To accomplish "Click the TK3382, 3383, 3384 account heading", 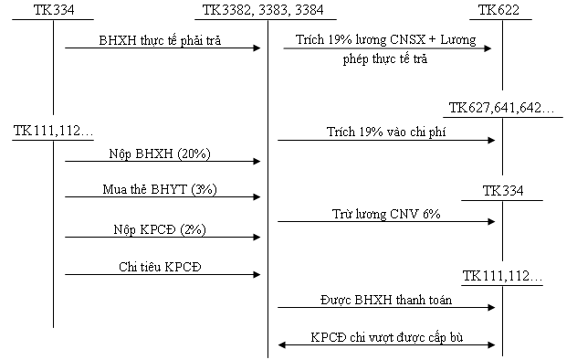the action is click(x=263, y=10).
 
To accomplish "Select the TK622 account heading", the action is click(x=498, y=10).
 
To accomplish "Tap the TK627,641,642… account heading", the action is click(x=501, y=108).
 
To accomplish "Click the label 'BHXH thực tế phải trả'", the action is click(x=160, y=40).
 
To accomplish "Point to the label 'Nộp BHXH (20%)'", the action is click(x=160, y=154).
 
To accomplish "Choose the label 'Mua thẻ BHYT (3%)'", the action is click(x=160, y=189).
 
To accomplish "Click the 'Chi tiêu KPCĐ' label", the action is click(x=160, y=267).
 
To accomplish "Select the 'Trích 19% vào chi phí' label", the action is click(x=386, y=132).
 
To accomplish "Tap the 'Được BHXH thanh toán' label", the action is click(x=386, y=300).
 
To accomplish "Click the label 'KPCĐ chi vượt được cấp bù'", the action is click(x=387, y=337).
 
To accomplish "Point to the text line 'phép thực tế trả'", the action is click(x=385, y=58).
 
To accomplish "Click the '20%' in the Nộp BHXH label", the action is click(x=194, y=154).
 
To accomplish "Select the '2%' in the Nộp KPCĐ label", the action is click(x=193, y=229).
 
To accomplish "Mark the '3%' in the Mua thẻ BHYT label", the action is click(x=205, y=189).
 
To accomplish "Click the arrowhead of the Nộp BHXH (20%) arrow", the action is click(x=257, y=161).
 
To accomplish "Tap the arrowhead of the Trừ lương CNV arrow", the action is click(x=491, y=221).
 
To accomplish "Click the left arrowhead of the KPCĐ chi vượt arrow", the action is click(x=281, y=344).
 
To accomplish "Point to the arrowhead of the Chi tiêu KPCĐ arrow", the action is click(x=257, y=275).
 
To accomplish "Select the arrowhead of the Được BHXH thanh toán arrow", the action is click(x=491, y=307).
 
